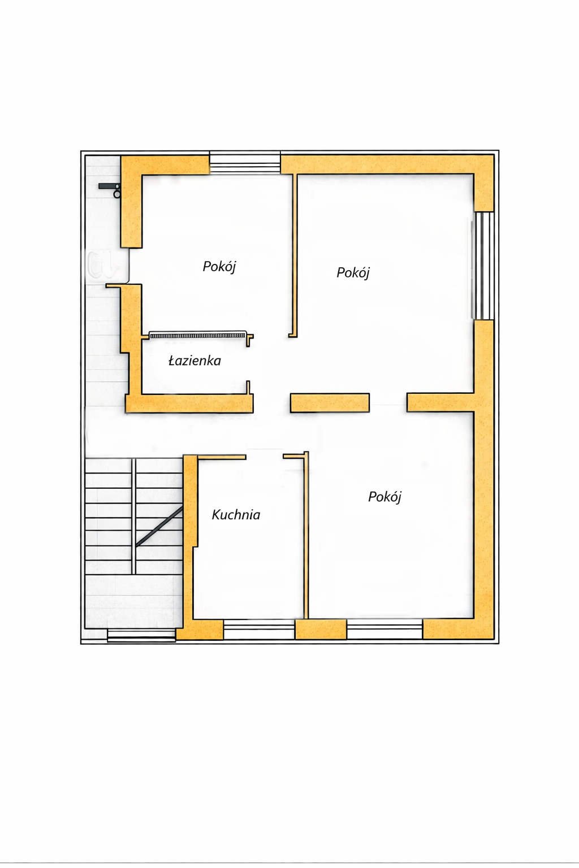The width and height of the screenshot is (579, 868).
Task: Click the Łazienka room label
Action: (195, 361)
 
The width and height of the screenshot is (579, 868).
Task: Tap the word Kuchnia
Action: (236, 515)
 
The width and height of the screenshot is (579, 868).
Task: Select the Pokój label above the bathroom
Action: (219, 267)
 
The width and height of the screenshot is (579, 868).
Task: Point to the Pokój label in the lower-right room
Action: (384, 497)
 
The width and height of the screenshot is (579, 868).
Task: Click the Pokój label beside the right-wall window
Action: (353, 273)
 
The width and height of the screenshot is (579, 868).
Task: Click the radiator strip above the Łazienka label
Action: (198, 335)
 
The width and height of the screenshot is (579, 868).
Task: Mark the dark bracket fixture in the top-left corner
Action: (110, 190)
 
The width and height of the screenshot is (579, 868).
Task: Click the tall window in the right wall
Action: (483, 266)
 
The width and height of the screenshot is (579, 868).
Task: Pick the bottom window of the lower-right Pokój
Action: (384, 629)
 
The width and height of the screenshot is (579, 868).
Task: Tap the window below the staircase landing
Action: (141, 636)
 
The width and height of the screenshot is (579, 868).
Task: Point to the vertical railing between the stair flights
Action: (134, 517)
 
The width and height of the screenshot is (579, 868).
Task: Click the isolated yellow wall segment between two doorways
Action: (330, 402)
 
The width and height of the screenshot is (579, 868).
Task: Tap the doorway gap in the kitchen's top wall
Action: (265, 457)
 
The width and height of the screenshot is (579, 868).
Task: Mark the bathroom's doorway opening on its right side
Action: (250, 363)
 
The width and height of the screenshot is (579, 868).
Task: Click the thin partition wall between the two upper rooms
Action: (295, 256)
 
